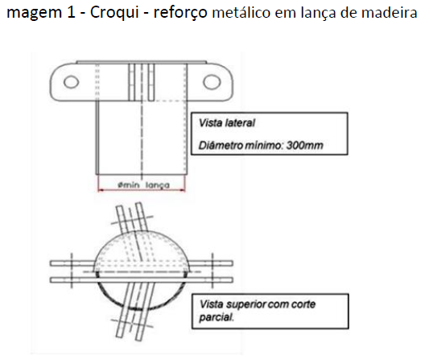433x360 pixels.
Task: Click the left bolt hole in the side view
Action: (72, 82)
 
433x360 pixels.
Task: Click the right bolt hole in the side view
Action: (212, 82)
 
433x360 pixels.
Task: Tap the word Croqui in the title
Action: (114, 13)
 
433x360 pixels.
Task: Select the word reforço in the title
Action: (180, 13)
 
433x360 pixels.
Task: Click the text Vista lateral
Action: (227, 123)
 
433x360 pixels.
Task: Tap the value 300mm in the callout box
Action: (304, 145)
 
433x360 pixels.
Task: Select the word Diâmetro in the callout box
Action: (221, 145)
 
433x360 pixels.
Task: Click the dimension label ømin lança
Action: (143, 185)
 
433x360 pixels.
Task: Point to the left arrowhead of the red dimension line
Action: (101, 190)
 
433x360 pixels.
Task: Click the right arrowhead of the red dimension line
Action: (183, 190)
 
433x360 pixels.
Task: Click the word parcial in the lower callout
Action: (216, 317)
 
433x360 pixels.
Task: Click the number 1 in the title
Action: (72, 13)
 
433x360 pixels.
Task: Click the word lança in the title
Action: (319, 13)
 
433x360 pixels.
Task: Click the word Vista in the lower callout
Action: (211, 304)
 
